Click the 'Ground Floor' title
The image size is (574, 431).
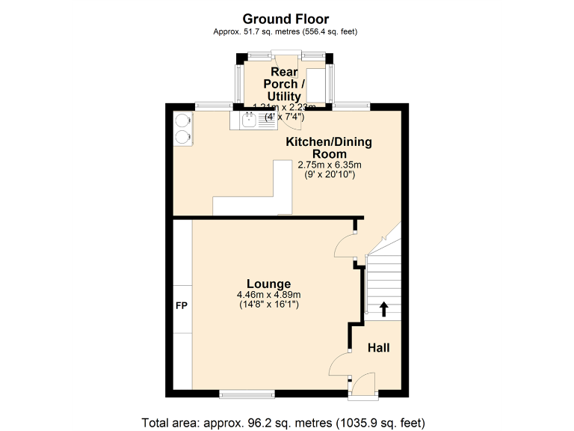[x=286, y=19]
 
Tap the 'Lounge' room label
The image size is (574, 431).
[x=269, y=284]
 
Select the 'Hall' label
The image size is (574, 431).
[x=378, y=348]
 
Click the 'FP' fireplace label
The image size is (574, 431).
[x=182, y=307]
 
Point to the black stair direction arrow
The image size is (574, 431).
[x=385, y=308]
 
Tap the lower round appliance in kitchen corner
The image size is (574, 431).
[x=182, y=135]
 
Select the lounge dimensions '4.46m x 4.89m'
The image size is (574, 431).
[x=269, y=295]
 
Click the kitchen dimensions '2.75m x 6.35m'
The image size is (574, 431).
[x=330, y=165]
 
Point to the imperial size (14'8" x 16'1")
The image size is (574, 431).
[x=269, y=305]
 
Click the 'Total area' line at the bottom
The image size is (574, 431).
[x=286, y=421]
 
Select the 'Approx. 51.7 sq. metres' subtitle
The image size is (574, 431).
[x=286, y=32]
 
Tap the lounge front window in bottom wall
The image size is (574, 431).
[x=247, y=392]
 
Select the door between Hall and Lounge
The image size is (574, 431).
[x=341, y=364]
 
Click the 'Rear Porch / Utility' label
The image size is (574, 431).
[x=285, y=84]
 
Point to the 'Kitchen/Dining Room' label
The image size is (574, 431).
[x=329, y=147]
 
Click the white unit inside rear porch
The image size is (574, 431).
[x=315, y=85]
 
